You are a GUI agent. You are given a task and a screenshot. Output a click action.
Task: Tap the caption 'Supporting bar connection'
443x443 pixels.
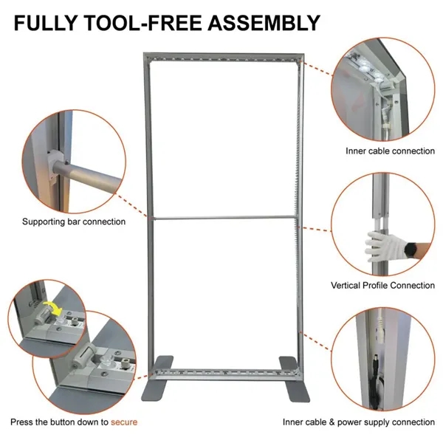coord(73,221)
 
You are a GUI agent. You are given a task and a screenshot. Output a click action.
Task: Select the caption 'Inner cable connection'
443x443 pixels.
coord(390,151)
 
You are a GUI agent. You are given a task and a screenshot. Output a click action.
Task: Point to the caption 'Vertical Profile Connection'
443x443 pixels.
coord(382,285)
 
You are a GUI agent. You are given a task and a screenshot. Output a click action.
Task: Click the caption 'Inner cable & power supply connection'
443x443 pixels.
coord(359,422)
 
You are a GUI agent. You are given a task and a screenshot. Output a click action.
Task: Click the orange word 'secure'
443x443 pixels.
coord(124,422)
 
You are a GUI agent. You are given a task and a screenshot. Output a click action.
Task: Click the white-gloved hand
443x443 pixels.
coord(379,244)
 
